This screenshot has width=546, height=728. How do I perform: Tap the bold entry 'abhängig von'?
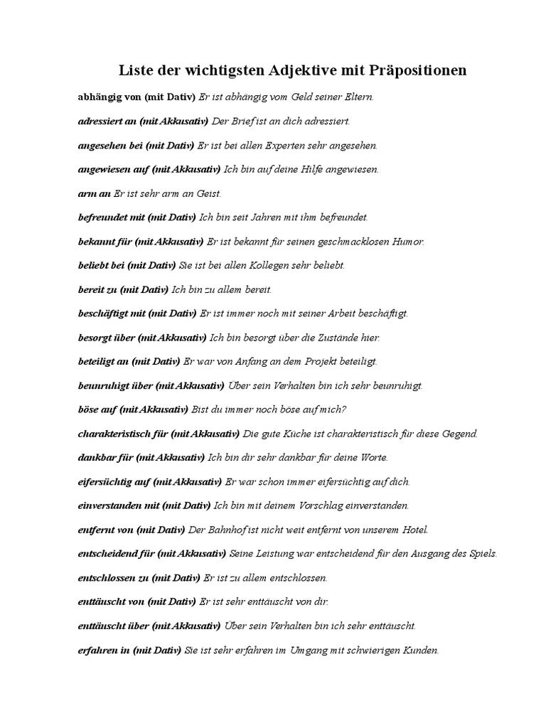(109, 96)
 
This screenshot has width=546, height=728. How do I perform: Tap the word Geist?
(207, 193)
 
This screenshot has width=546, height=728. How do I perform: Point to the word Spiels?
(481, 554)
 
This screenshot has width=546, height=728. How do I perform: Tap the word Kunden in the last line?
(422, 650)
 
